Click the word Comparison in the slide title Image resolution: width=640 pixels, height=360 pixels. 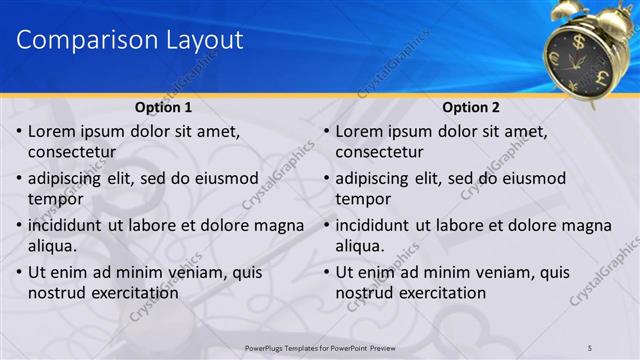point(80,41)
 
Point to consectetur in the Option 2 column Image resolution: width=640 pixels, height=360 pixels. point(379,152)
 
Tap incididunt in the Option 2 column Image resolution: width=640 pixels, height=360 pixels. point(376,225)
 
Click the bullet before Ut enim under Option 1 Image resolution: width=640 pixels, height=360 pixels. point(18,272)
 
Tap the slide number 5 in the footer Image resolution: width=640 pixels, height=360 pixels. point(590,347)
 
